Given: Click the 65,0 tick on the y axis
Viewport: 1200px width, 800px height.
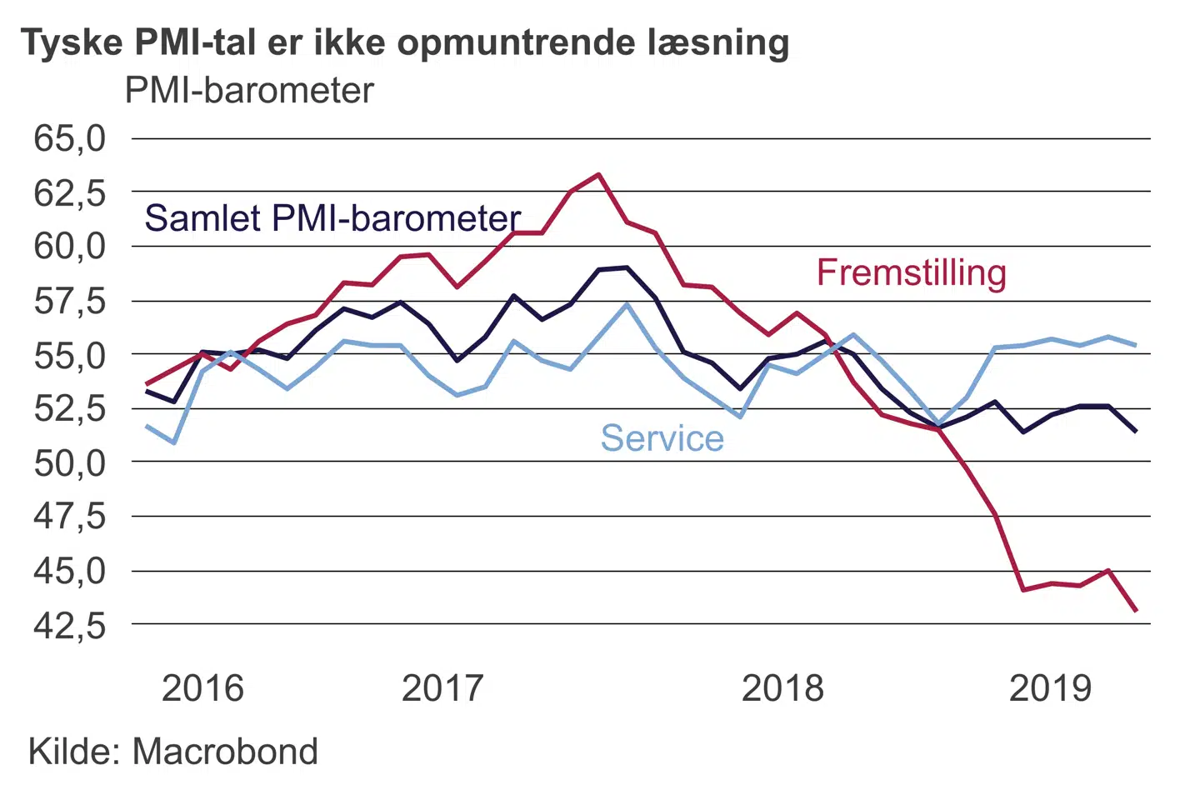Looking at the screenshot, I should click(x=70, y=138).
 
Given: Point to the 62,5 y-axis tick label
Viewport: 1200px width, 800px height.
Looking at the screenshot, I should click(x=70, y=192).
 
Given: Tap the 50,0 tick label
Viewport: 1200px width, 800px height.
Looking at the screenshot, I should click(x=70, y=462).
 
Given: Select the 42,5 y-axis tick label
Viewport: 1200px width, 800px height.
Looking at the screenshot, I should click(x=70, y=625).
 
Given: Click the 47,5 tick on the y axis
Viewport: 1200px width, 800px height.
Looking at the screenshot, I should click(x=70, y=517).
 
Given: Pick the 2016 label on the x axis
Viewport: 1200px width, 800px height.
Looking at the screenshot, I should click(x=202, y=688).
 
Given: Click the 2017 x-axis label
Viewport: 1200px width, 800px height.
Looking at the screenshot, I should click(x=442, y=688).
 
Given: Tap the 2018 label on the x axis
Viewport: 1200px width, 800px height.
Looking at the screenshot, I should click(x=782, y=688).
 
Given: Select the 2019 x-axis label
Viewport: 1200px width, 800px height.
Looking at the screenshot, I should click(x=1050, y=688).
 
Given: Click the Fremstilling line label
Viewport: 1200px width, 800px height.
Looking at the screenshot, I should click(x=912, y=272).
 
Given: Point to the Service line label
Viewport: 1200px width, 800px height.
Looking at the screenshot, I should click(x=662, y=438).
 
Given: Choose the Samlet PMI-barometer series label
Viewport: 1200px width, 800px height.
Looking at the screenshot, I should click(x=333, y=218).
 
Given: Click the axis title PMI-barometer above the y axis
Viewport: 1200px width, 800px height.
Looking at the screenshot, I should click(x=249, y=90).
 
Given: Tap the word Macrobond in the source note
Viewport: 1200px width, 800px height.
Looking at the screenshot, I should click(x=225, y=752).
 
